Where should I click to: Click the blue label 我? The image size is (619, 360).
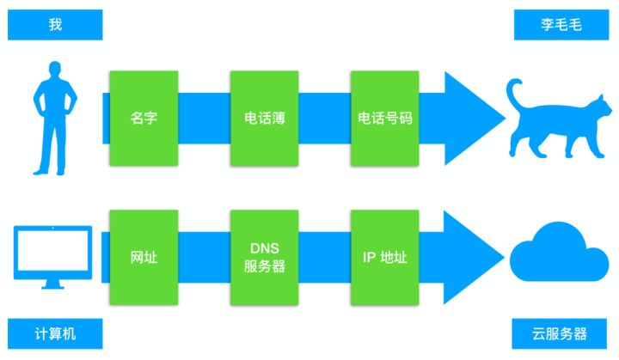[55, 25]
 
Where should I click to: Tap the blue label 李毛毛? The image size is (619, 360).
[561, 25]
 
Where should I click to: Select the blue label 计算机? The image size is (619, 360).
[55, 333]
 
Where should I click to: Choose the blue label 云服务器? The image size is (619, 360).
[561, 333]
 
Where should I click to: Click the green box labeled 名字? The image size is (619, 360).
[144, 118]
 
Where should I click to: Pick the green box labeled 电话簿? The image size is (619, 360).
[264, 118]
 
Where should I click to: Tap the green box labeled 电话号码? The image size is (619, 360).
[384, 118]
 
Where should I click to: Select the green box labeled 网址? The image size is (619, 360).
[144, 257]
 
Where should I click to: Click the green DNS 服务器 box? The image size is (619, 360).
[264, 257]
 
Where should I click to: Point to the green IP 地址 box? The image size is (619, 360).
[384, 257]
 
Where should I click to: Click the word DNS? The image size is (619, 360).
[263, 247]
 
